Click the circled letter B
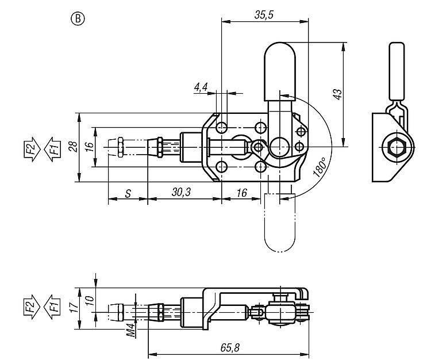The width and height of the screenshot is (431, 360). click(x=78, y=19)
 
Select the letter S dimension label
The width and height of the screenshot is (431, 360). click(x=128, y=193)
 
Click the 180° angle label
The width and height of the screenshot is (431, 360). click(x=320, y=167)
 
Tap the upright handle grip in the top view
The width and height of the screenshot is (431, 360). click(x=279, y=69)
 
